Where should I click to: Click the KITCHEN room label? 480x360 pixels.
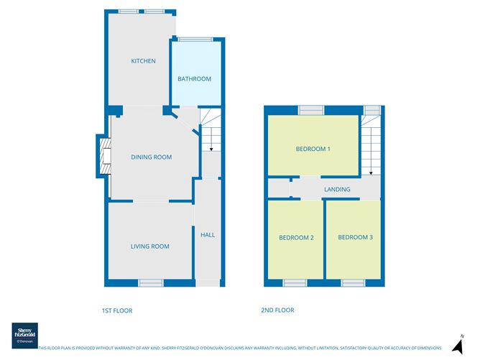click(143, 61)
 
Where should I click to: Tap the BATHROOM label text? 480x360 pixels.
click(195, 79)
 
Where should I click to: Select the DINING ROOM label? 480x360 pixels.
click(151, 157)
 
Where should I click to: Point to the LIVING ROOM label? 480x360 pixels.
click(149, 246)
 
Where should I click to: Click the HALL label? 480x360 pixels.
click(208, 235)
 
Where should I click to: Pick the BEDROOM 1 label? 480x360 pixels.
click(313, 149)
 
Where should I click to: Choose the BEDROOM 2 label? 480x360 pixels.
click(297, 238)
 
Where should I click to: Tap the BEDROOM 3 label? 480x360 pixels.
click(356, 238)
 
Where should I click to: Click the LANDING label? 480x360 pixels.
click(337, 190)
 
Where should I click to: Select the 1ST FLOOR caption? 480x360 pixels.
click(117, 310)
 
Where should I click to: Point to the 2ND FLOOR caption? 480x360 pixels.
click(277, 310)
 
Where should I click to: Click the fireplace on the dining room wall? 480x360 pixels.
click(103, 156)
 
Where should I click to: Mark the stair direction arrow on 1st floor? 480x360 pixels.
click(211, 148)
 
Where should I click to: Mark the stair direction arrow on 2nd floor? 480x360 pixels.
click(371, 172)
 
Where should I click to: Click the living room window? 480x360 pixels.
click(150, 282)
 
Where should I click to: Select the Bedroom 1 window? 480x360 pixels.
click(311, 110)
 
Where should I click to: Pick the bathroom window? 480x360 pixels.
click(190, 40)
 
